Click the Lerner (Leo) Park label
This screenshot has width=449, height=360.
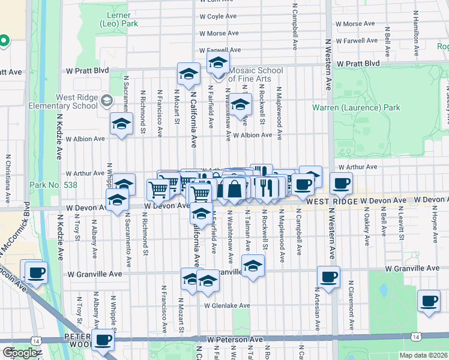click(119, 18)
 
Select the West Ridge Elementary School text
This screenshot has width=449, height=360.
click(68, 101)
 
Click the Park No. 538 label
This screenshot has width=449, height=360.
click(53, 185)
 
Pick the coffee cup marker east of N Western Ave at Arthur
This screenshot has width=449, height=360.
click(342, 183)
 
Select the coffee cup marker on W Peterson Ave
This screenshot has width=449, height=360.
click(103, 340)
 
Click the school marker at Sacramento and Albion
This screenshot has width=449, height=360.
click(121, 124)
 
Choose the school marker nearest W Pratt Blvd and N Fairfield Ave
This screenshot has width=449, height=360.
click(218, 62)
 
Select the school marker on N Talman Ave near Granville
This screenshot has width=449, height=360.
click(253, 265)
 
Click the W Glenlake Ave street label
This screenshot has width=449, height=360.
click(226, 305)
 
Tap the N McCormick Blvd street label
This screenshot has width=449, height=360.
click(26, 228)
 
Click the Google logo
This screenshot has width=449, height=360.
click(20, 353)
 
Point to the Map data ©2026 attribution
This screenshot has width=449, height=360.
click(423, 355)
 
